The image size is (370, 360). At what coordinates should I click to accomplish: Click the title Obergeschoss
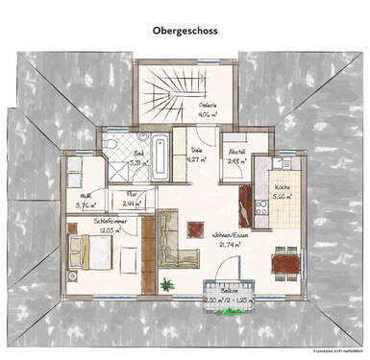(185, 30)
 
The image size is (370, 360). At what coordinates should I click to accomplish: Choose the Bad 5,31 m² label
(137, 157)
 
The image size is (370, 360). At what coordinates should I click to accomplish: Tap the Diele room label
(196, 154)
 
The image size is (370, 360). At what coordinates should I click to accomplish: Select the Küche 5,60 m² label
(282, 189)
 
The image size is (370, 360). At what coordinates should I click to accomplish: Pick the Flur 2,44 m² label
(132, 199)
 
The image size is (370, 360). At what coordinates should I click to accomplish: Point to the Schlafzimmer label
(111, 225)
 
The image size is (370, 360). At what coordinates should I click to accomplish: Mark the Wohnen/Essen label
(232, 239)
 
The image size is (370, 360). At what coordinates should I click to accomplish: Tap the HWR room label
(85, 201)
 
